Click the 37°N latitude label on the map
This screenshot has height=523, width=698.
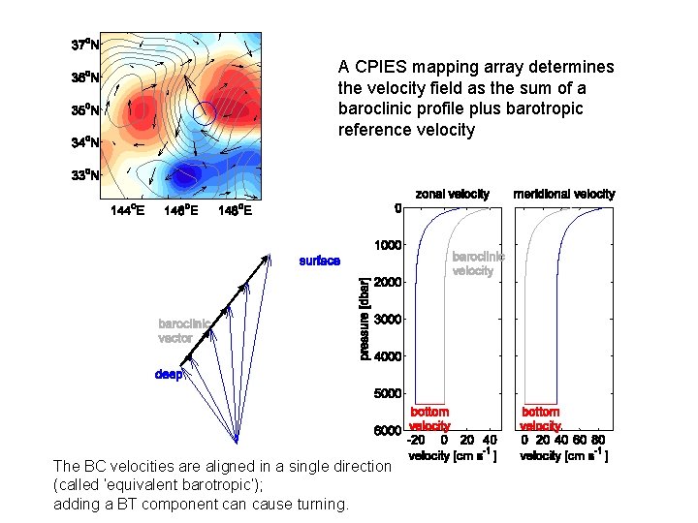pyautogui.click(x=84, y=45)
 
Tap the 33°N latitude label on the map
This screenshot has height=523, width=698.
pyautogui.click(x=84, y=175)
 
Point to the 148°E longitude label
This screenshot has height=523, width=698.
pyautogui.click(x=236, y=210)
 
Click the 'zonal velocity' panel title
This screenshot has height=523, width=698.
pyautogui.click(x=453, y=195)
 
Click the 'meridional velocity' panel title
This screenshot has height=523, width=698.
pyautogui.click(x=563, y=195)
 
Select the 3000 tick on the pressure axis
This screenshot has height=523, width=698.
pyautogui.click(x=388, y=320)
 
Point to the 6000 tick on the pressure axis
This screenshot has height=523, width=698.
pyautogui.click(x=388, y=430)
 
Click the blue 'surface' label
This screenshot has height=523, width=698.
pyautogui.click(x=320, y=261)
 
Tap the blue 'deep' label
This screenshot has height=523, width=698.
pyautogui.click(x=168, y=374)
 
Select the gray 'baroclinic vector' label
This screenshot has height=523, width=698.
pyautogui.click(x=183, y=331)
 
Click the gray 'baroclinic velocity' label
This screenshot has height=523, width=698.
pyautogui.click(x=478, y=263)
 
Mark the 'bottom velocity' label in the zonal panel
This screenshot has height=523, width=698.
pyautogui.click(x=429, y=419)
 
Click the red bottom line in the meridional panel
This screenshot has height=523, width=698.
pyautogui.click(x=541, y=403)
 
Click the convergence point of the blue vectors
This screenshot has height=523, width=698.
pyautogui.click(x=237, y=442)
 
